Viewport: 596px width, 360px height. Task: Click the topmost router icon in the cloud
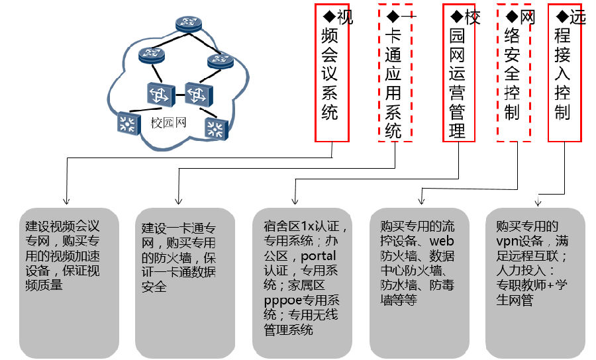[188, 24]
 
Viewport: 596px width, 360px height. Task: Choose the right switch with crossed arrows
[197, 95]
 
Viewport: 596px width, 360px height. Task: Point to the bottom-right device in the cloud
[216, 129]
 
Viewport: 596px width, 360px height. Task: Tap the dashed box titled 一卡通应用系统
[395, 73]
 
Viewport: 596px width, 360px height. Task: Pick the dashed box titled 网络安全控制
[513, 73]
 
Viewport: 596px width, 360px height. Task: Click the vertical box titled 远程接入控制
[564, 73]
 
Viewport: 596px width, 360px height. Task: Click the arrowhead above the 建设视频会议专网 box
[66, 201]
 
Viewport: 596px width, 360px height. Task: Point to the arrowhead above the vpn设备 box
[538, 202]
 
